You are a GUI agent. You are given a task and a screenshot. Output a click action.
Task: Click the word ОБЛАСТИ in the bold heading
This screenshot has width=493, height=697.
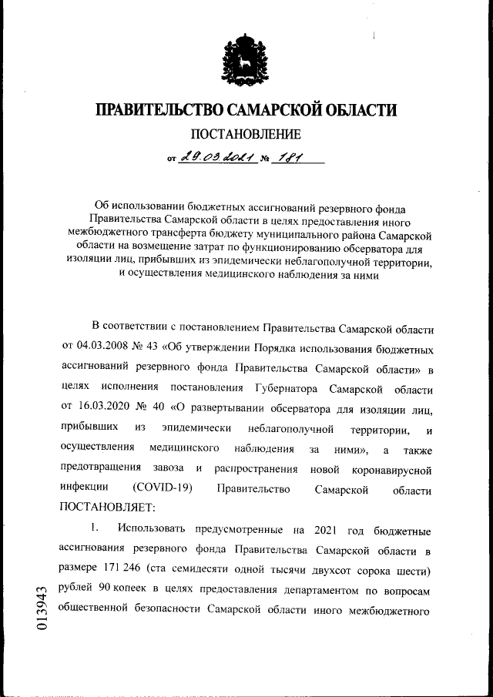(356, 110)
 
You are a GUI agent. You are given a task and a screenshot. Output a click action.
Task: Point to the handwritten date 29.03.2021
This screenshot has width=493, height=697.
(214, 159)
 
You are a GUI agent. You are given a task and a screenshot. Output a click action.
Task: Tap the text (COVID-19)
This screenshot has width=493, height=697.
(162, 488)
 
